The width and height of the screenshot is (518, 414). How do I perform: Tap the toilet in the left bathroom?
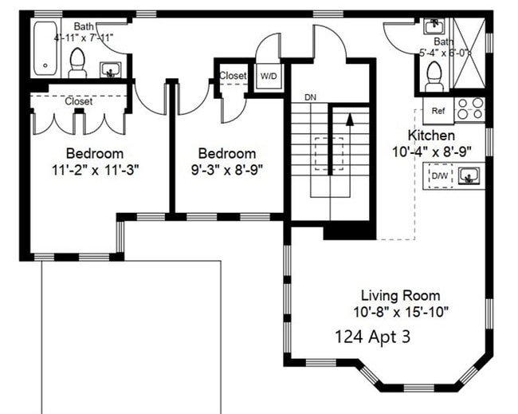[x=77, y=62]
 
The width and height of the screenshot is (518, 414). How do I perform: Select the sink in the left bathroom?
[x=111, y=70]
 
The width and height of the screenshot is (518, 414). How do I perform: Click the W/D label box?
[x=269, y=76]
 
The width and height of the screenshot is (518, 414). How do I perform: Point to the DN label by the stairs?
[x=312, y=97]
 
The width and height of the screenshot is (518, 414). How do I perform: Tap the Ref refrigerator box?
[x=438, y=111]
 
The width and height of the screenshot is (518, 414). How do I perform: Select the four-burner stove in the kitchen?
[x=469, y=108]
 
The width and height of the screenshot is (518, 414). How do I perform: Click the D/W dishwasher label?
[x=439, y=175]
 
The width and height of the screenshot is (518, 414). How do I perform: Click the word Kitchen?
[x=431, y=135]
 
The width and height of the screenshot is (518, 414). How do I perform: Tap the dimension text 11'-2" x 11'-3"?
[x=95, y=169]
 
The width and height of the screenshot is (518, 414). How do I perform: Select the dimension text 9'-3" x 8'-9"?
[x=227, y=169]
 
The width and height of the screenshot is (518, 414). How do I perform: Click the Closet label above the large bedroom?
[x=78, y=101]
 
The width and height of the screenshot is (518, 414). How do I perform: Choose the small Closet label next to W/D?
[x=233, y=76]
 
